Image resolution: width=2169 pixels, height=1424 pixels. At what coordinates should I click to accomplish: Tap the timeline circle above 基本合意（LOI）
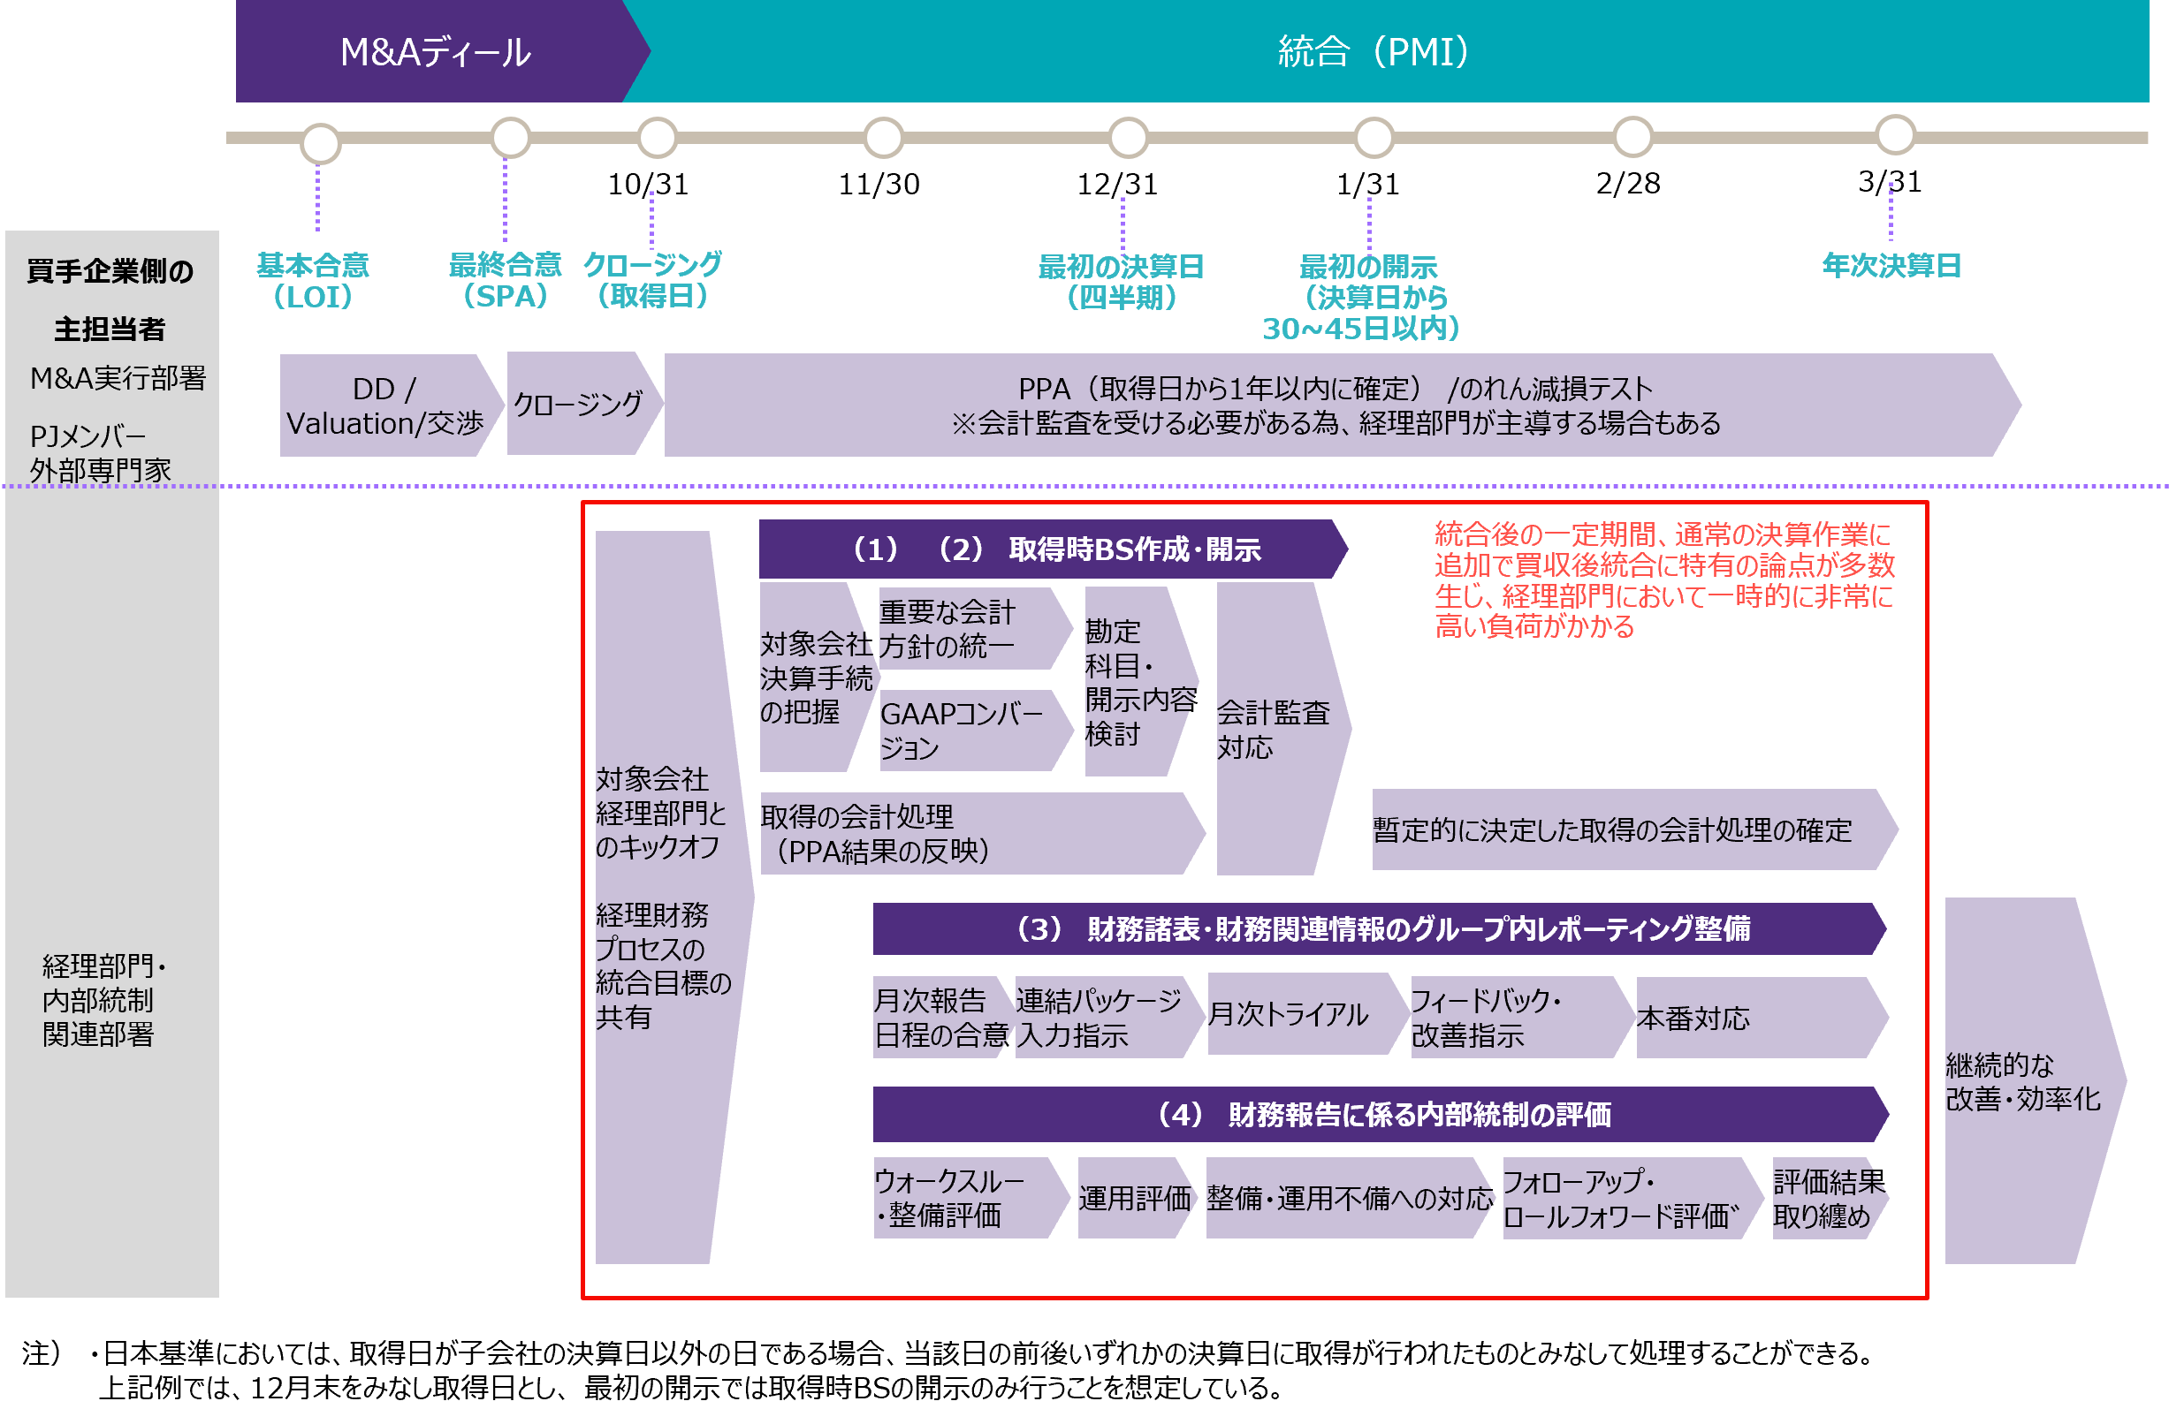click(321, 143)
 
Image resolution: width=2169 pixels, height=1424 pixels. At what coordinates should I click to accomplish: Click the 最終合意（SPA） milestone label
click(505, 281)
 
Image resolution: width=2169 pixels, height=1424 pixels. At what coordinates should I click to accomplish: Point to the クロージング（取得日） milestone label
click(652, 281)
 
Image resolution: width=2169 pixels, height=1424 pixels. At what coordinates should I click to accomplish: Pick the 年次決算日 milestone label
click(1891, 266)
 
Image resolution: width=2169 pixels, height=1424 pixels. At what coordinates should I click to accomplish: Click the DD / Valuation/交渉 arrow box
click(385, 406)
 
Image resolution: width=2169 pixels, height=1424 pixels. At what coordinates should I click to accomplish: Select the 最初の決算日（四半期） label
click(1121, 282)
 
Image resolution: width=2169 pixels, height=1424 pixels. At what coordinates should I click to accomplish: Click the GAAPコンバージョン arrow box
click(968, 731)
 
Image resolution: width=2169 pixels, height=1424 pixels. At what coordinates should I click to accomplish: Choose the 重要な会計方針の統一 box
click(968, 629)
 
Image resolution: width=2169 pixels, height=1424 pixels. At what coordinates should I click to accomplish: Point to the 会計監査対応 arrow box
click(1276, 729)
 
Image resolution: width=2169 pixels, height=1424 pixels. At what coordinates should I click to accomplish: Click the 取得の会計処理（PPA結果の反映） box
click(975, 834)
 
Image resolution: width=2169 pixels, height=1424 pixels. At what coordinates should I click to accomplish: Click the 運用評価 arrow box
click(1134, 1198)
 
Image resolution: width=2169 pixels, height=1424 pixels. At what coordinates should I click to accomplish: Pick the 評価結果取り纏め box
click(1826, 1198)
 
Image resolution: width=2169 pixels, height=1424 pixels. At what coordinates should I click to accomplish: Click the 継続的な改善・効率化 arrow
click(2028, 1081)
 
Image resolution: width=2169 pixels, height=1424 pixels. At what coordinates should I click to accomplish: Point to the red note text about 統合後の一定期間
click(1663, 580)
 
